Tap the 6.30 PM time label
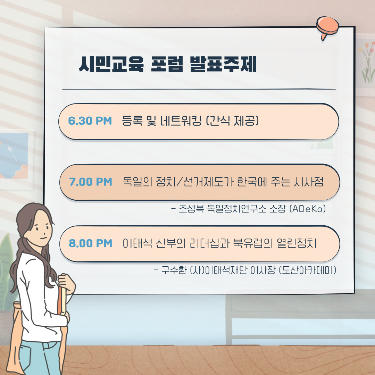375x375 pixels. coord(90,121)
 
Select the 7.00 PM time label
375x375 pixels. coord(90,182)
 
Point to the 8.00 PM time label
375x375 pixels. coord(90,243)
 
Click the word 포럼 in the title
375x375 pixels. coord(167,64)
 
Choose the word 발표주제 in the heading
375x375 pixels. coord(223,64)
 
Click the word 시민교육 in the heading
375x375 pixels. coord(111,64)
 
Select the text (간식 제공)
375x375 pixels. coord(232,120)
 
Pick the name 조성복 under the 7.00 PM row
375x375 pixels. coord(191,209)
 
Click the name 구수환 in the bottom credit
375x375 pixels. coord(174,270)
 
